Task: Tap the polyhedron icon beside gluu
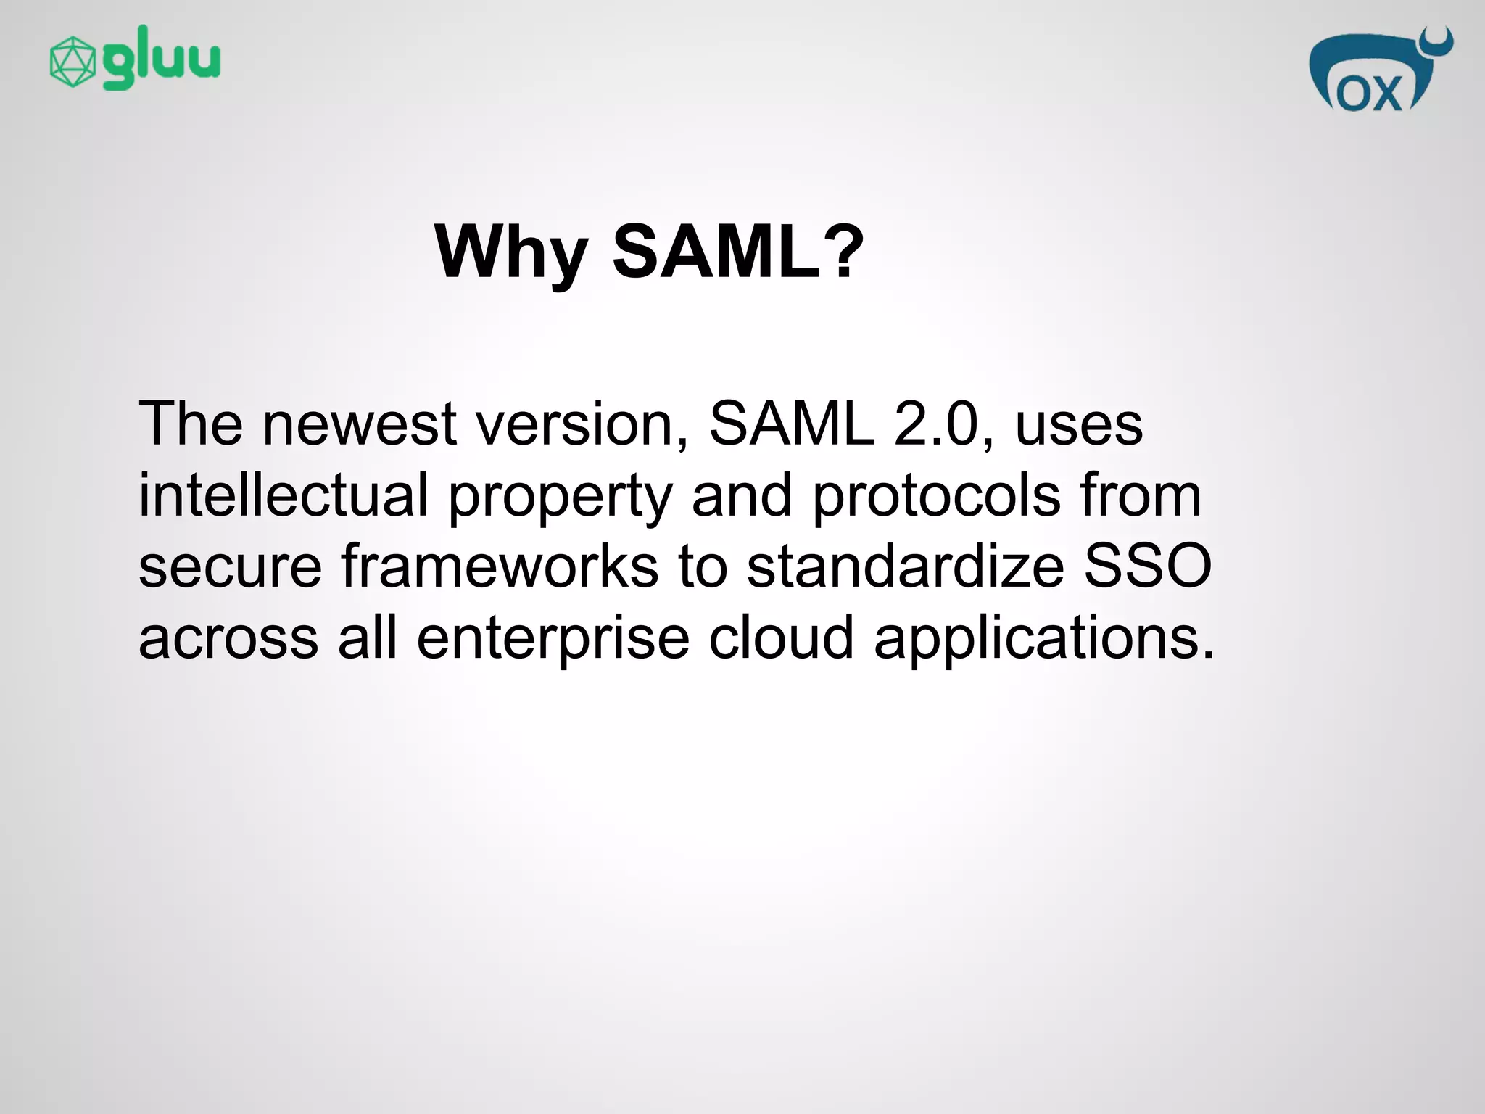(72, 62)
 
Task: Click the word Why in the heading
(510, 253)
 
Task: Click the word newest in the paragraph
(359, 424)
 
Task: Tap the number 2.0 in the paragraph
(943, 424)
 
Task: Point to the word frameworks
(500, 566)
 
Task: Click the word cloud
(781, 638)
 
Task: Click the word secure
(230, 568)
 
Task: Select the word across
(228, 639)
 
